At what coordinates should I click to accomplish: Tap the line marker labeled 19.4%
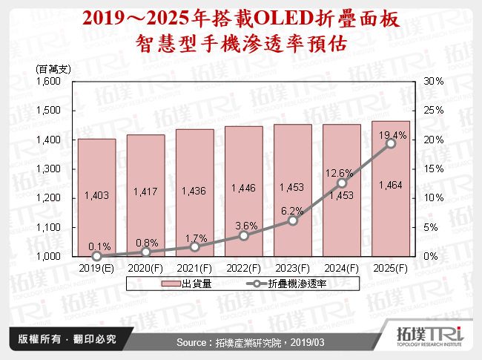391,143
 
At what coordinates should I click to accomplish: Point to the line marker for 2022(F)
243,235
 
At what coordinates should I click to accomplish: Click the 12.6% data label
341,173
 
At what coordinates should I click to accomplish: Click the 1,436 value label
194,192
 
